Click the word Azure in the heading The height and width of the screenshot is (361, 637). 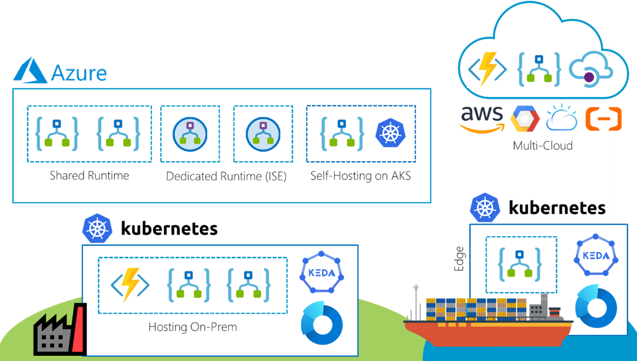pos(79,73)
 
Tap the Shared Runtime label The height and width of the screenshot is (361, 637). pos(89,175)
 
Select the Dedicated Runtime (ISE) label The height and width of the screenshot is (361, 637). pos(226,176)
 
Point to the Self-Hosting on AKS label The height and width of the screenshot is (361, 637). pos(361,175)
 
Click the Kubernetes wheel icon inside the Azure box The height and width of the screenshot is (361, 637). pos(390,133)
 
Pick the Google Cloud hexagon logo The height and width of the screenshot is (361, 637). pos(525,118)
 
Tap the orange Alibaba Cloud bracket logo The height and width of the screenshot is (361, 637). pos(603,118)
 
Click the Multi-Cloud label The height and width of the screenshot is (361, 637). pos(543,145)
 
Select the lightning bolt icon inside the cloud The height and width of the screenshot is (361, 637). pos(488,69)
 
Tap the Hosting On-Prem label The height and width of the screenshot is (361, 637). pos(192,327)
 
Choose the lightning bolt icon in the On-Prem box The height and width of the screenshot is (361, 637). pos(130,285)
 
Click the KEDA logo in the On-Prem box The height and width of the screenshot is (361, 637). pos(322,273)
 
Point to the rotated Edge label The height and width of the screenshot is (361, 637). pos(459,259)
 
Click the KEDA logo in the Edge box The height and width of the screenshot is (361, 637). pos(596,255)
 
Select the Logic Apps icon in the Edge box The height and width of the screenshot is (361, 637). pos(520,265)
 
